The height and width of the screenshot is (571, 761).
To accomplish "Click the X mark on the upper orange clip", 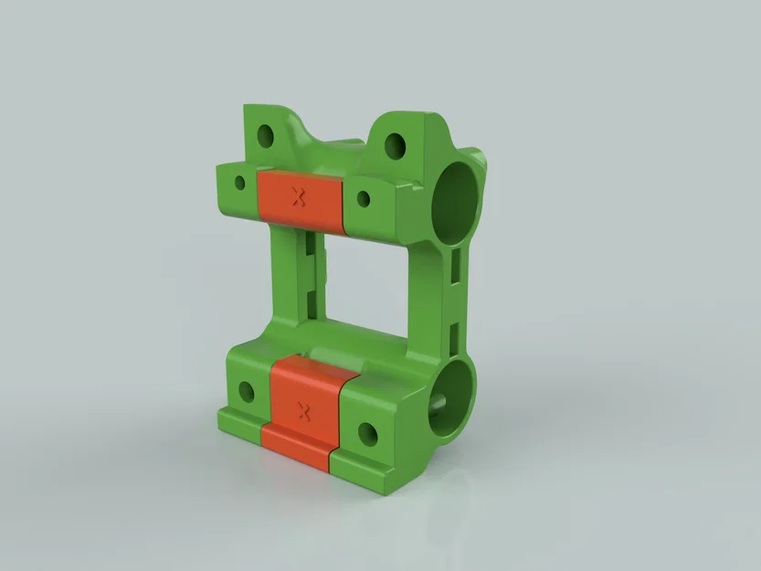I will (297, 196).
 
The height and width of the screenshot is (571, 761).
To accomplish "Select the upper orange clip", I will (299, 199).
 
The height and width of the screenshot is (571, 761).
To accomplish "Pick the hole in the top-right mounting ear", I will (396, 144).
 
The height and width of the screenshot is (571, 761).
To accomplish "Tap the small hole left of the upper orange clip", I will (241, 183).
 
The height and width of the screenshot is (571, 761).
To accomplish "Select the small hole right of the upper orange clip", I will (362, 199).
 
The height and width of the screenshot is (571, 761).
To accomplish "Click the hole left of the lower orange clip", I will (247, 394).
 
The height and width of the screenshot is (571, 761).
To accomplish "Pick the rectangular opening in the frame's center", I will (365, 279).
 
